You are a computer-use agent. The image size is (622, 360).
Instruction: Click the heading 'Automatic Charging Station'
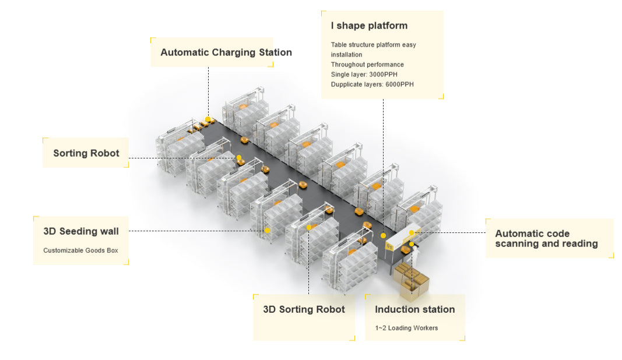click(x=226, y=52)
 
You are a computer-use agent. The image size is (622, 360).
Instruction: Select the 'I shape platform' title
click(x=369, y=26)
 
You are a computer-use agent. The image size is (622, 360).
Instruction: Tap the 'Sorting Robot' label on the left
click(x=86, y=153)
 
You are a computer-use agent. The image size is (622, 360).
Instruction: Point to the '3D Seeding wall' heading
click(x=81, y=231)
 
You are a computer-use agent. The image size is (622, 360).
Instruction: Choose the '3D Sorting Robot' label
click(x=304, y=309)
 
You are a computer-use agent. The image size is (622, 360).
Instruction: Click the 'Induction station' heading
click(x=414, y=309)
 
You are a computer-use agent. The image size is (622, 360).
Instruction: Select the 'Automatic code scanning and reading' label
click(x=546, y=238)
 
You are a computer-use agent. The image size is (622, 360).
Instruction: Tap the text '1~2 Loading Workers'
click(x=406, y=328)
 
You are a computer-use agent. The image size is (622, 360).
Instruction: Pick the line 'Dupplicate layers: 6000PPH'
click(x=373, y=84)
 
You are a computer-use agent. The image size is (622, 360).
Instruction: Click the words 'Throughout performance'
click(x=367, y=65)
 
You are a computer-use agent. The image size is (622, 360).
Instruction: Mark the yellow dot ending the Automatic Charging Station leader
click(x=208, y=119)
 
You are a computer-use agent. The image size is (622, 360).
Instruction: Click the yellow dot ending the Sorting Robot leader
click(x=238, y=158)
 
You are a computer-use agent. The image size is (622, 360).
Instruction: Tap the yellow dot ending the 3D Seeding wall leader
click(x=267, y=231)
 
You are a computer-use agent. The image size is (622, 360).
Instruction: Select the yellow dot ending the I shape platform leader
click(x=383, y=235)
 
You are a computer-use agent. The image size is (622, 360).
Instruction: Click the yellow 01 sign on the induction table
click(x=390, y=246)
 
